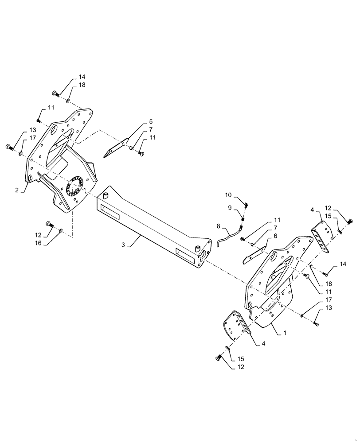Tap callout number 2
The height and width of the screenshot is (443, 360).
click(x=16, y=190)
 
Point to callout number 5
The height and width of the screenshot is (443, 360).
click(x=150, y=121)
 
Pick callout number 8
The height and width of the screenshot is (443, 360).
click(x=218, y=226)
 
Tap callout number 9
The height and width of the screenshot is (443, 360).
click(x=230, y=208)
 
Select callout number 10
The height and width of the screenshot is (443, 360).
click(x=228, y=195)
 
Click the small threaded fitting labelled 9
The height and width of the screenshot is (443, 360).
click(x=243, y=218)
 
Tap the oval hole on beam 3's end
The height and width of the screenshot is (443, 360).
click(x=203, y=253)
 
